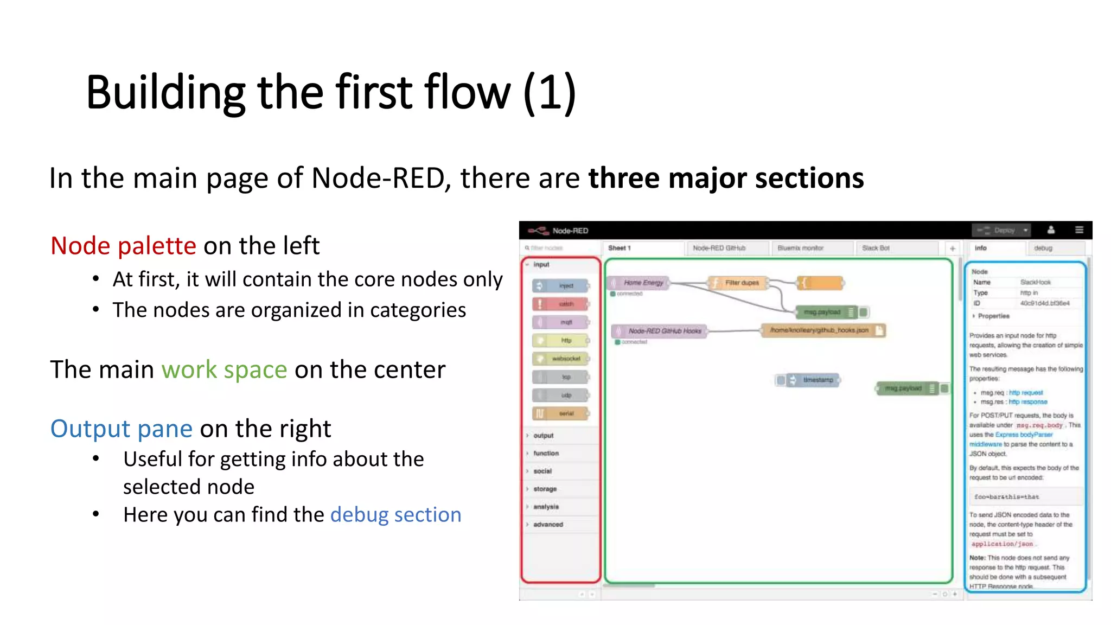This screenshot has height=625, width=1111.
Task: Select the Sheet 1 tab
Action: pos(620,248)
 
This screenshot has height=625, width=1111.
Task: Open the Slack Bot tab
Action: pos(876,248)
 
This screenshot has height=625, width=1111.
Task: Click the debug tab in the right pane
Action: pos(1043,248)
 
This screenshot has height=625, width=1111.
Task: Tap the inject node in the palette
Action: pos(561,285)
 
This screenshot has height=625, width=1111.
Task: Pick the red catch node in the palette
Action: pos(561,304)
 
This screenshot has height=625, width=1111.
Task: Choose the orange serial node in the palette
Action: pos(561,413)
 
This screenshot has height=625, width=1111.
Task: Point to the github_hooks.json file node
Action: pos(822,330)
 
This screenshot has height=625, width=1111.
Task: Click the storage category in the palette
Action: pos(545,489)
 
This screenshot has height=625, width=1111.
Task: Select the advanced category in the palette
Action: pos(548,525)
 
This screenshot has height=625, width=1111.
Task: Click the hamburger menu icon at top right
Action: pos(1079,230)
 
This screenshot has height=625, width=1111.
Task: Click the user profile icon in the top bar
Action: pos(1051,230)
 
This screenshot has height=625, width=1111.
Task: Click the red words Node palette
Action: pos(123,246)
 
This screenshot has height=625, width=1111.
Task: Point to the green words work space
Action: pos(224,369)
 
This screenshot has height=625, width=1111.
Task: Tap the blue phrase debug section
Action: pos(395,514)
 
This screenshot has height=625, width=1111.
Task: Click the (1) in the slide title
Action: pos(549,92)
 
